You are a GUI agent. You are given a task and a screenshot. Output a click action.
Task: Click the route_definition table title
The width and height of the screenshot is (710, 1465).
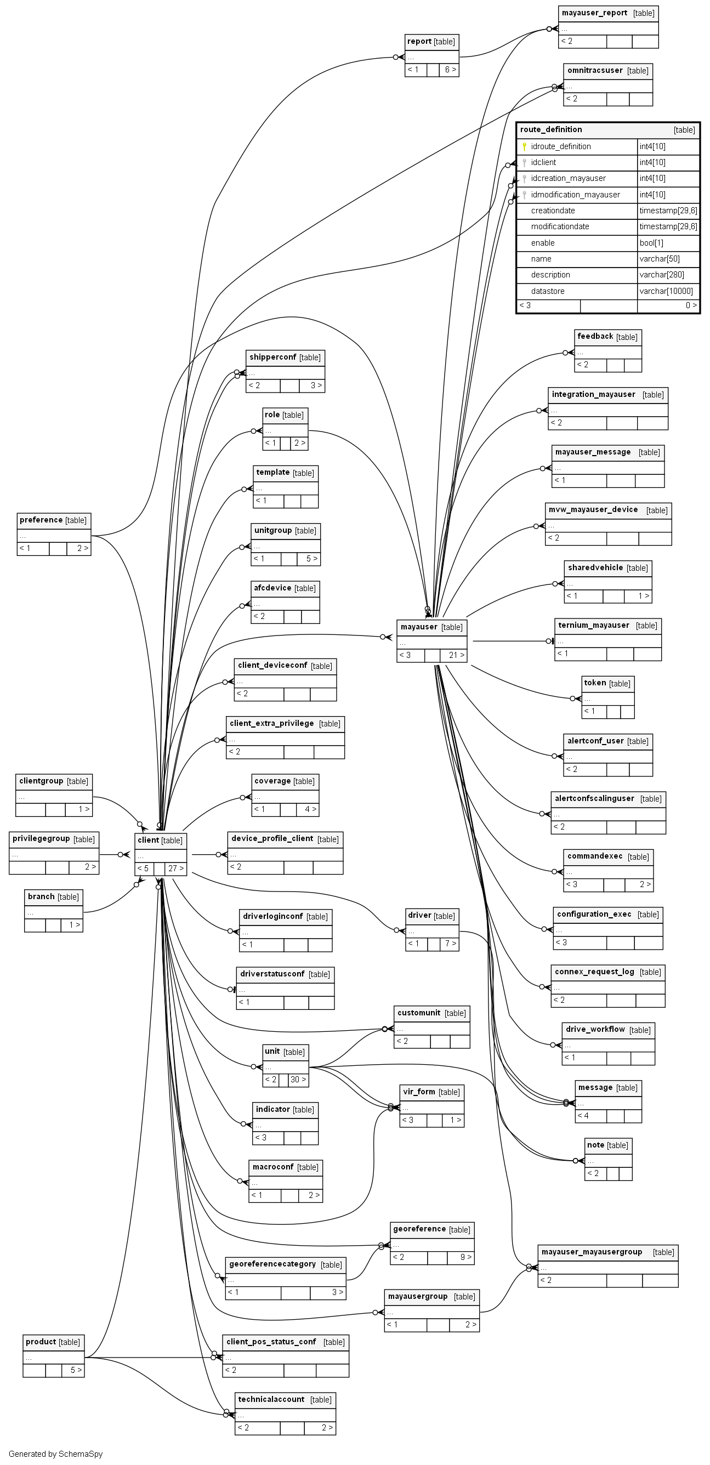[550, 129]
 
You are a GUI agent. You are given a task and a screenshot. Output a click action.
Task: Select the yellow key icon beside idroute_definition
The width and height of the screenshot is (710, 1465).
[524, 147]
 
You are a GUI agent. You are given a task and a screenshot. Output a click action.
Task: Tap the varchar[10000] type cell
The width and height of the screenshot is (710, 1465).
[666, 291]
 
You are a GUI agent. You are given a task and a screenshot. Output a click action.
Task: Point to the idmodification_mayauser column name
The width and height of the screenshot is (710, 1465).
[575, 195]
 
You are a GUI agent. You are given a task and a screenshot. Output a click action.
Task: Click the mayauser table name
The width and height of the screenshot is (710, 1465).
[419, 627]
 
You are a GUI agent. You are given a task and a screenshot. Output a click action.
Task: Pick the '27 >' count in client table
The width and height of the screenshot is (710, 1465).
[176, 868]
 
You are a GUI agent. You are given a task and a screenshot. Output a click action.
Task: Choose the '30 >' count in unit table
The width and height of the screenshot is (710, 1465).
[298, 1080]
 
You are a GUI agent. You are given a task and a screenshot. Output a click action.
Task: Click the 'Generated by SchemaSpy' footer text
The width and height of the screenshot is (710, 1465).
[56, 1453]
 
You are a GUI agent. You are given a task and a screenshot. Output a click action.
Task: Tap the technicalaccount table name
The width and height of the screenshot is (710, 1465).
[271, 1399]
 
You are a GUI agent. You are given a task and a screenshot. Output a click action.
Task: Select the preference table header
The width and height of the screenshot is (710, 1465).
[54, 520]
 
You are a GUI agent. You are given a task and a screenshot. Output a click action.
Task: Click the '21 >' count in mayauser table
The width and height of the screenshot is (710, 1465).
[456, 655]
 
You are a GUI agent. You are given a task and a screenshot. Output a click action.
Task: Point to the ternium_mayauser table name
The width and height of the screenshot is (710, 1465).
[593, 625]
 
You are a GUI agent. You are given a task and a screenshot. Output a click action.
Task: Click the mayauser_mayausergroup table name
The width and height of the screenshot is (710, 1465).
[592, 1252]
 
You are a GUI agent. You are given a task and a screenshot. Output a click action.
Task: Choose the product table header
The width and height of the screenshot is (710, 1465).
[53, 1342]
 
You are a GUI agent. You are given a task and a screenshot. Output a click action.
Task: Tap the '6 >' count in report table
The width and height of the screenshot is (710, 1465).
[450, 70]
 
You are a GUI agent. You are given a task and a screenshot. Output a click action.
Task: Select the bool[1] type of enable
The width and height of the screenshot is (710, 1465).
[651, 243]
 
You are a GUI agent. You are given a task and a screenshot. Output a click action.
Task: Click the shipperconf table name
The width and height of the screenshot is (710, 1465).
[272, 357]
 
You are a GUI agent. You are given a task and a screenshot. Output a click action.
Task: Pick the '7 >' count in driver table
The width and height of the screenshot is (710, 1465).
[450, 944]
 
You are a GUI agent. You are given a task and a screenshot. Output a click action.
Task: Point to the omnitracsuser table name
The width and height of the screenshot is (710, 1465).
[594, 71]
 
